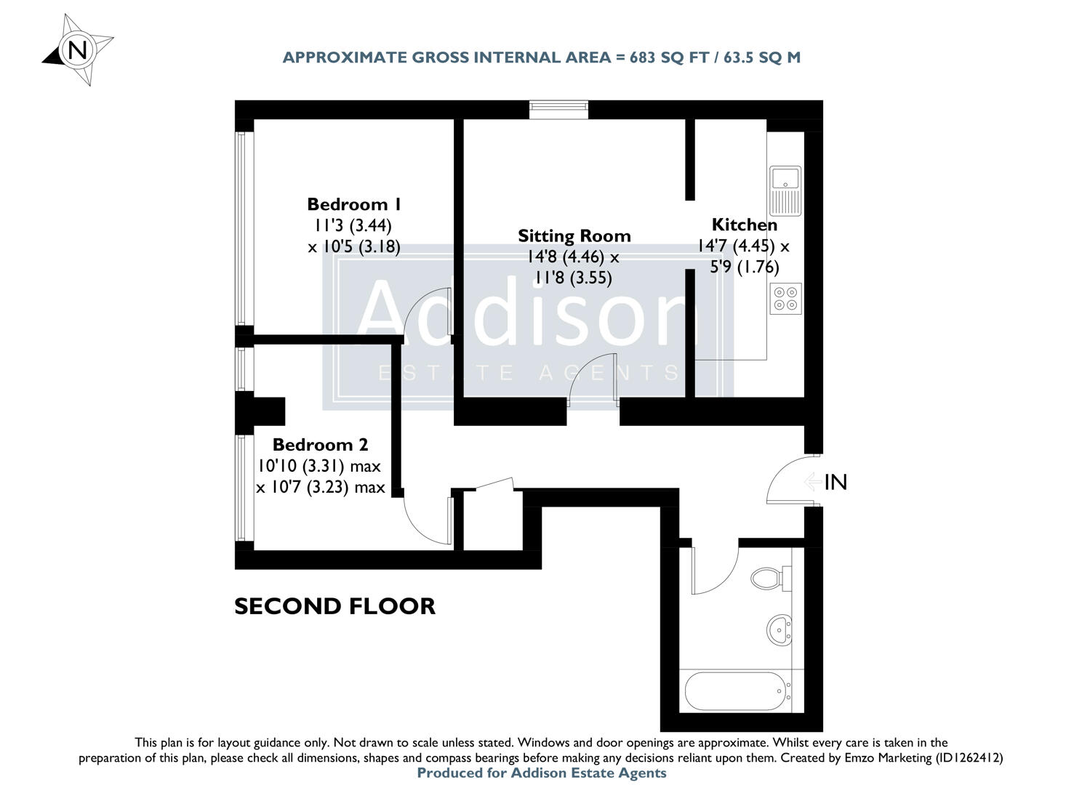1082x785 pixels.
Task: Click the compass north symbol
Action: point(77,50)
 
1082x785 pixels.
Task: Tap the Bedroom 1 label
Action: point(354,204)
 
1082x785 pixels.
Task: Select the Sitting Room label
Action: point(574,235)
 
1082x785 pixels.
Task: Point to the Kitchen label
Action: point(744,225)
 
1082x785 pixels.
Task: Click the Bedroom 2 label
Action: point(320,444)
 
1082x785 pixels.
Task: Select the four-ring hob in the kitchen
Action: point(785,298)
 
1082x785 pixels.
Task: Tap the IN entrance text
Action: point(836,482)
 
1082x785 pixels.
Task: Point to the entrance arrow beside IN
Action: point(813,482)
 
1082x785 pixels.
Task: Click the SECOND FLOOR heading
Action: point(334,606)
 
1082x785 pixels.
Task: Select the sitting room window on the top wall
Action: point(558,110)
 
